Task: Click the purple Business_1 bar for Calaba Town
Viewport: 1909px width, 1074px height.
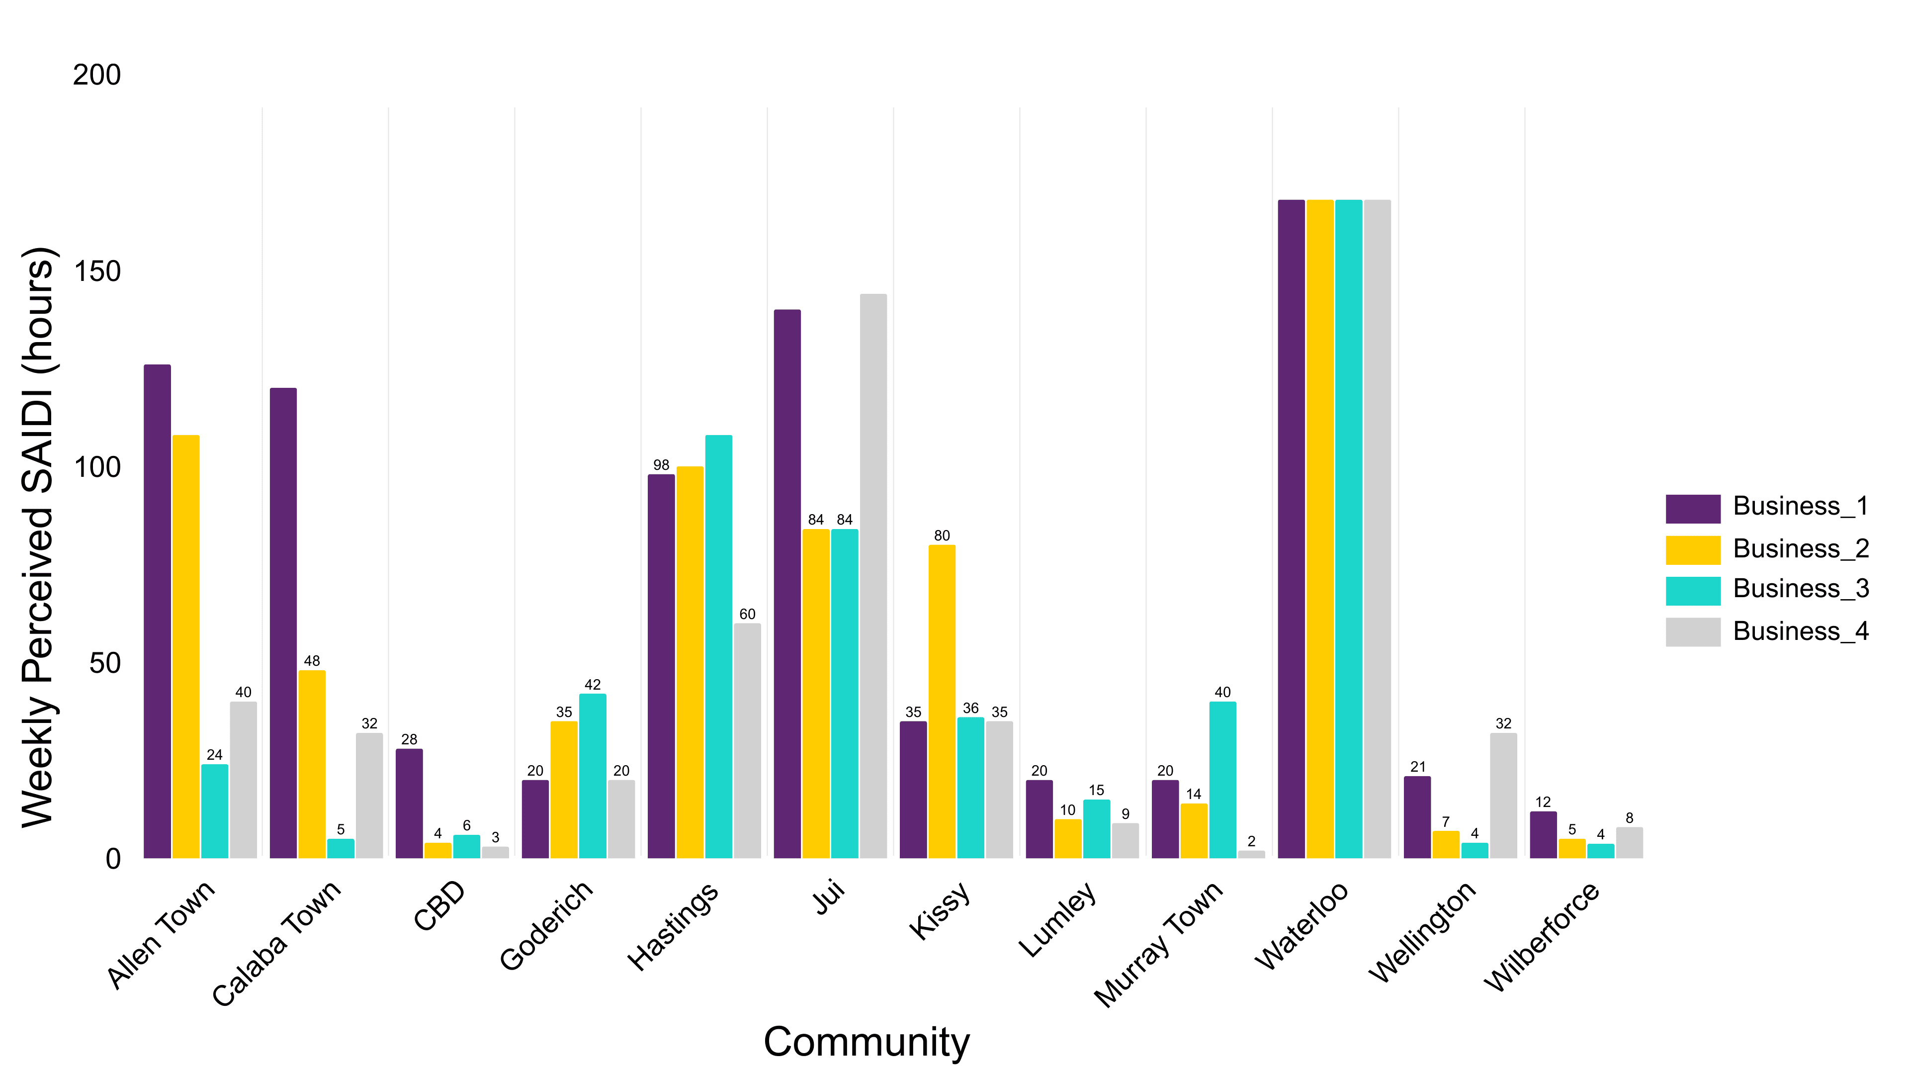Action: click(283, 623)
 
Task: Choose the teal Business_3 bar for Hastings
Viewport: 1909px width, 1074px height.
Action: click(718, 646)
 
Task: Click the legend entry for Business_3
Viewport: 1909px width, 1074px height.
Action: click(1800, 589)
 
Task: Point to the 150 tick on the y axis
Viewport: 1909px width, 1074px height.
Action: click(96, 271)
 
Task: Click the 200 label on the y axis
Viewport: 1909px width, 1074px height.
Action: click(96, 75)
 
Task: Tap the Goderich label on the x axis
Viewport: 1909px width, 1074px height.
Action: click(547, 924)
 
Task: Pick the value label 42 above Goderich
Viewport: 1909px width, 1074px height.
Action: click(592, 684)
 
